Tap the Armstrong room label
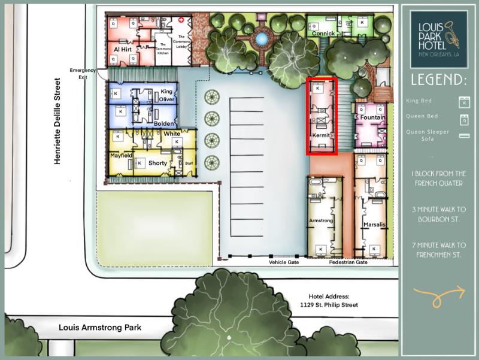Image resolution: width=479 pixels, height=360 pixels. tap(320, 220)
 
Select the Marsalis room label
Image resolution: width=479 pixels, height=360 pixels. tap(374, 225)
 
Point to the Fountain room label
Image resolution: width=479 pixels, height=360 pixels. tap(374, 118)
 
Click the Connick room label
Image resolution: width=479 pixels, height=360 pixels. tap(323, 34)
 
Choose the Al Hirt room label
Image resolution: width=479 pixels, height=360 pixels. tap(122, 49)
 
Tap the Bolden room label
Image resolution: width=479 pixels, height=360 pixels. tap(164, 123)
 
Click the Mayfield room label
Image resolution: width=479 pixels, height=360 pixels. tap(121, 155)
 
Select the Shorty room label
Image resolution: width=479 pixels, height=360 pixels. tap(157, 163)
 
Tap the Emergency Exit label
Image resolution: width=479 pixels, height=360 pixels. tap(83, 74)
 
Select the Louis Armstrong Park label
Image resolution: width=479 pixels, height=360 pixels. tap(100, 328)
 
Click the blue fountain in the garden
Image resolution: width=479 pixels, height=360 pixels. tap(261, 39)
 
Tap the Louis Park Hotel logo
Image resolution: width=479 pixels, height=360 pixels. tap(439, 39)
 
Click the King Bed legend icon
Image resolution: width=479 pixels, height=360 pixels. tap(462, 101)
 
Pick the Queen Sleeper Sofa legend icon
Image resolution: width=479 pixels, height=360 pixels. tap(462, 135)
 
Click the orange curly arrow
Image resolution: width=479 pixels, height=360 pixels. tap(439, 294)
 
